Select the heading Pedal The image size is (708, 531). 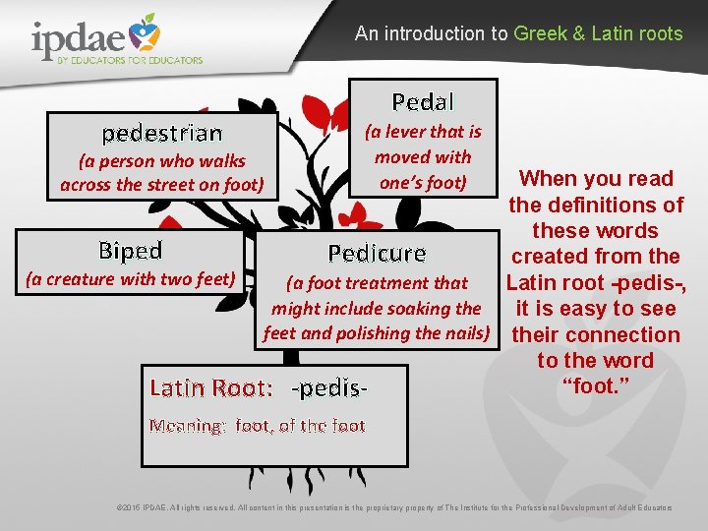(423, 101)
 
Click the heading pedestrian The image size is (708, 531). (162, 133)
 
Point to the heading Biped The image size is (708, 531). (130, 250)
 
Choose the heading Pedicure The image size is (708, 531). (377, 254)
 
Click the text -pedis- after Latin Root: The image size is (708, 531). (330, 387)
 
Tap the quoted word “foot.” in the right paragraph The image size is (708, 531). (595, 386)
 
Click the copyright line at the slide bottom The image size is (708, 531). (394, 507)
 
